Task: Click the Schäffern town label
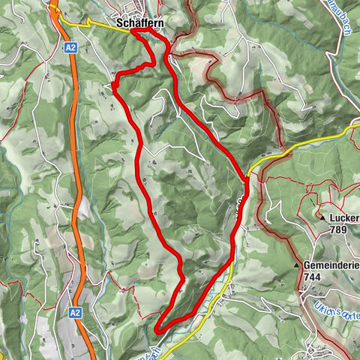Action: pos(141,24)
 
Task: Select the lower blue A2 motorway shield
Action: pos(75,312)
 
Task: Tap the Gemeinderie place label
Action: pos(332,265)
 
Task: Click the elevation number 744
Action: pos(313,277)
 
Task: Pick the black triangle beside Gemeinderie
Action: pos(297,265)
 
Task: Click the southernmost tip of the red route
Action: pos(158,328)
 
